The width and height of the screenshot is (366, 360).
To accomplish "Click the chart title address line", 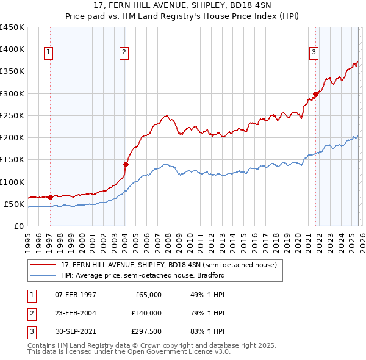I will [183, 6].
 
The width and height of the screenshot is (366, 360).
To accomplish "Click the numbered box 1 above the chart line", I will [48, 53].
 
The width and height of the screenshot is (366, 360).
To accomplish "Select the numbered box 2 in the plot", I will [124, 53].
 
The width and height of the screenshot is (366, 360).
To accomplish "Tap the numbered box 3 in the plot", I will [314, 53].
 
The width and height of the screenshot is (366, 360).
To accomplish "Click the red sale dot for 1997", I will [50, 197].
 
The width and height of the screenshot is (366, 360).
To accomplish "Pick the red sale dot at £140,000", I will [126, 164].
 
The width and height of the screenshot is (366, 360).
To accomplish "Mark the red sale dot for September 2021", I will [316, 94].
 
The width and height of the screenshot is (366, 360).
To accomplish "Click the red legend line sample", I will [43, 265].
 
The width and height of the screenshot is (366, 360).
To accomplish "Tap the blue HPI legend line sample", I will [43, 275].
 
